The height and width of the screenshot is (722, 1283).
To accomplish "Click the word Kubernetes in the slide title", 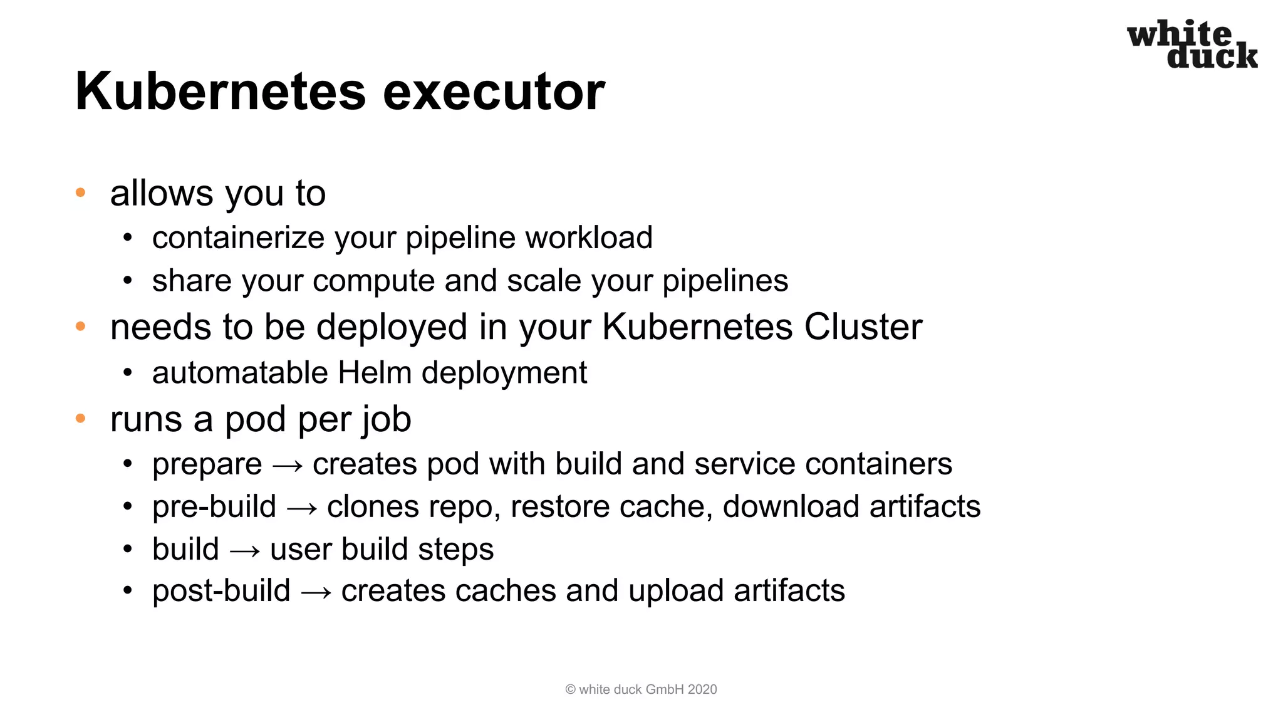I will click(x=220, y=92).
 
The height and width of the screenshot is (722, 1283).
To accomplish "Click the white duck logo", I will click(x=1192, y=44).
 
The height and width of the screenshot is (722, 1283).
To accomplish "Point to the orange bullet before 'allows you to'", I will click(x=80, y=192).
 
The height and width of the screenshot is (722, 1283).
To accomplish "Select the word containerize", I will click(x=239, y=238).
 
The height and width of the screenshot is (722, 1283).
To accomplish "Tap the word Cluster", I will click(x=863, y=327).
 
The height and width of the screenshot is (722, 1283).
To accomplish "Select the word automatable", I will click(x=240, y=372).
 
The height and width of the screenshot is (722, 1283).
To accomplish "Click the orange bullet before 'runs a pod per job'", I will click(x=80, y=418).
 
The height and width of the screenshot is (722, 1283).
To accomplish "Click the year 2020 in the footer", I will click(x=702, y=689).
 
